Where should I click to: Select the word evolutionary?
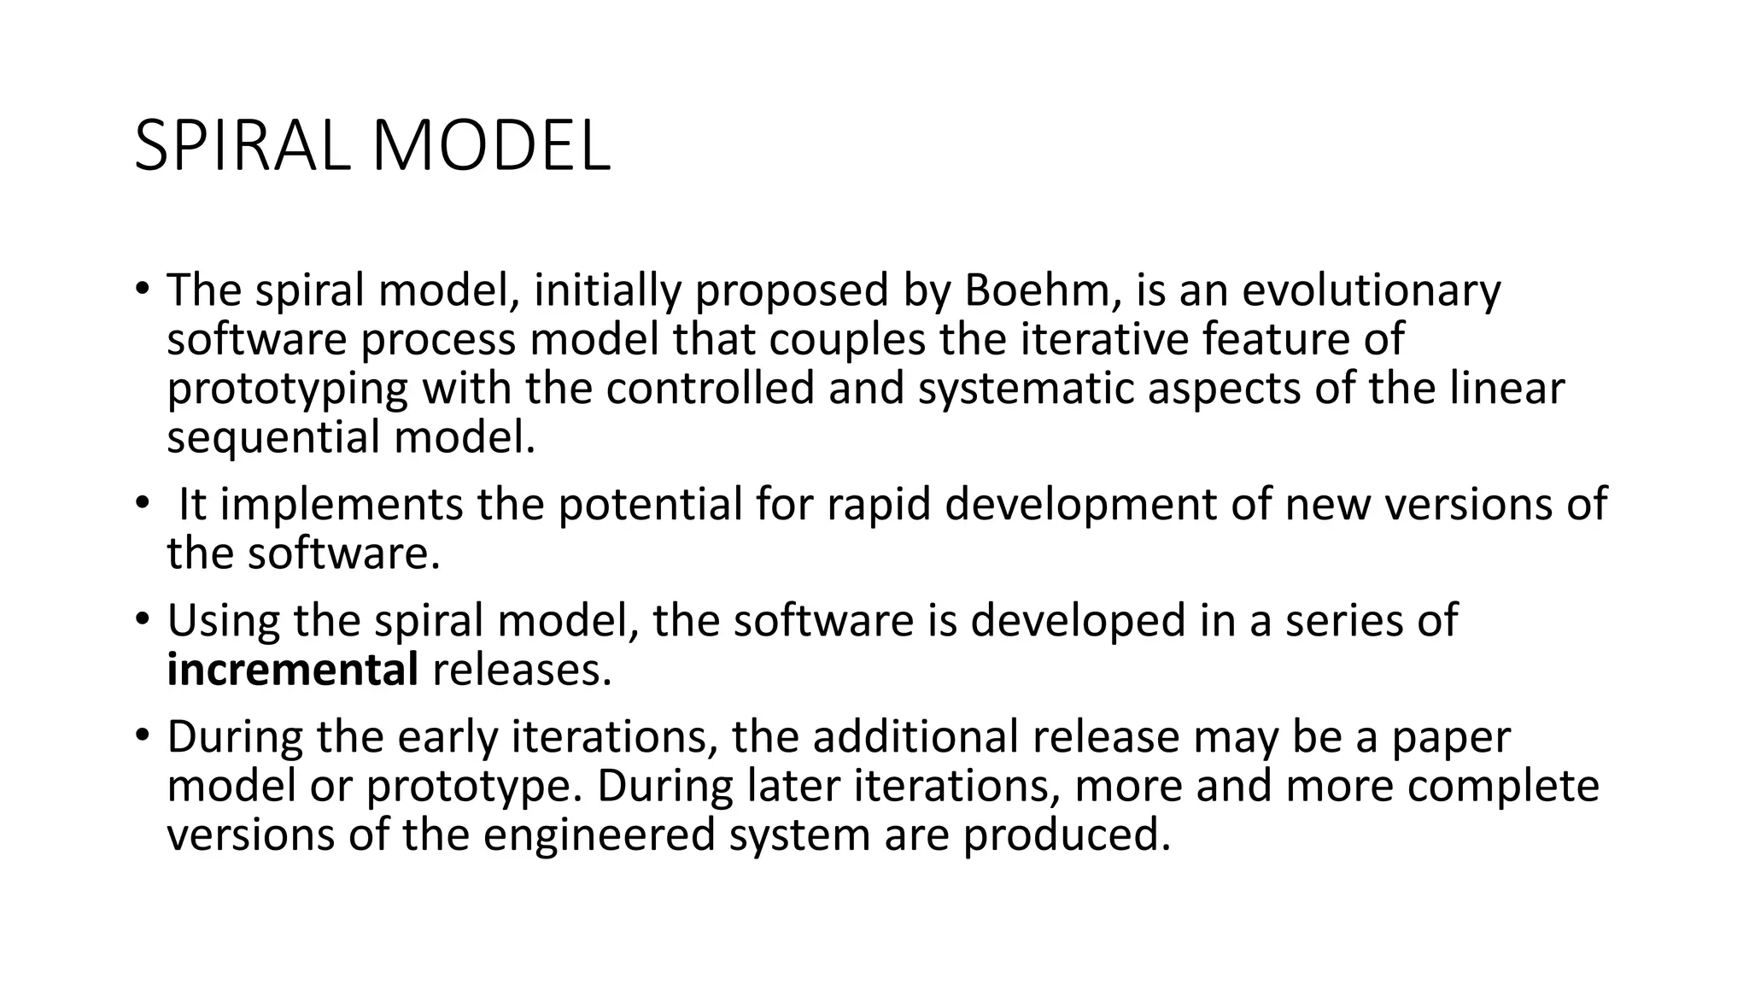click(x=1371, y=292)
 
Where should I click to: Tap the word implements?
click(x=342, y=506)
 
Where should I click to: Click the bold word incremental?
click(x=292, y=670)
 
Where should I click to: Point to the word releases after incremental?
click(x=523, y=670)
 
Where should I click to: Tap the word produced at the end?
click(x=1066, y=835)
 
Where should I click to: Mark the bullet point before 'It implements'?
click(x=142, y=502)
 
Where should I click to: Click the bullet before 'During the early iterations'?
click(x=142, y=734)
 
